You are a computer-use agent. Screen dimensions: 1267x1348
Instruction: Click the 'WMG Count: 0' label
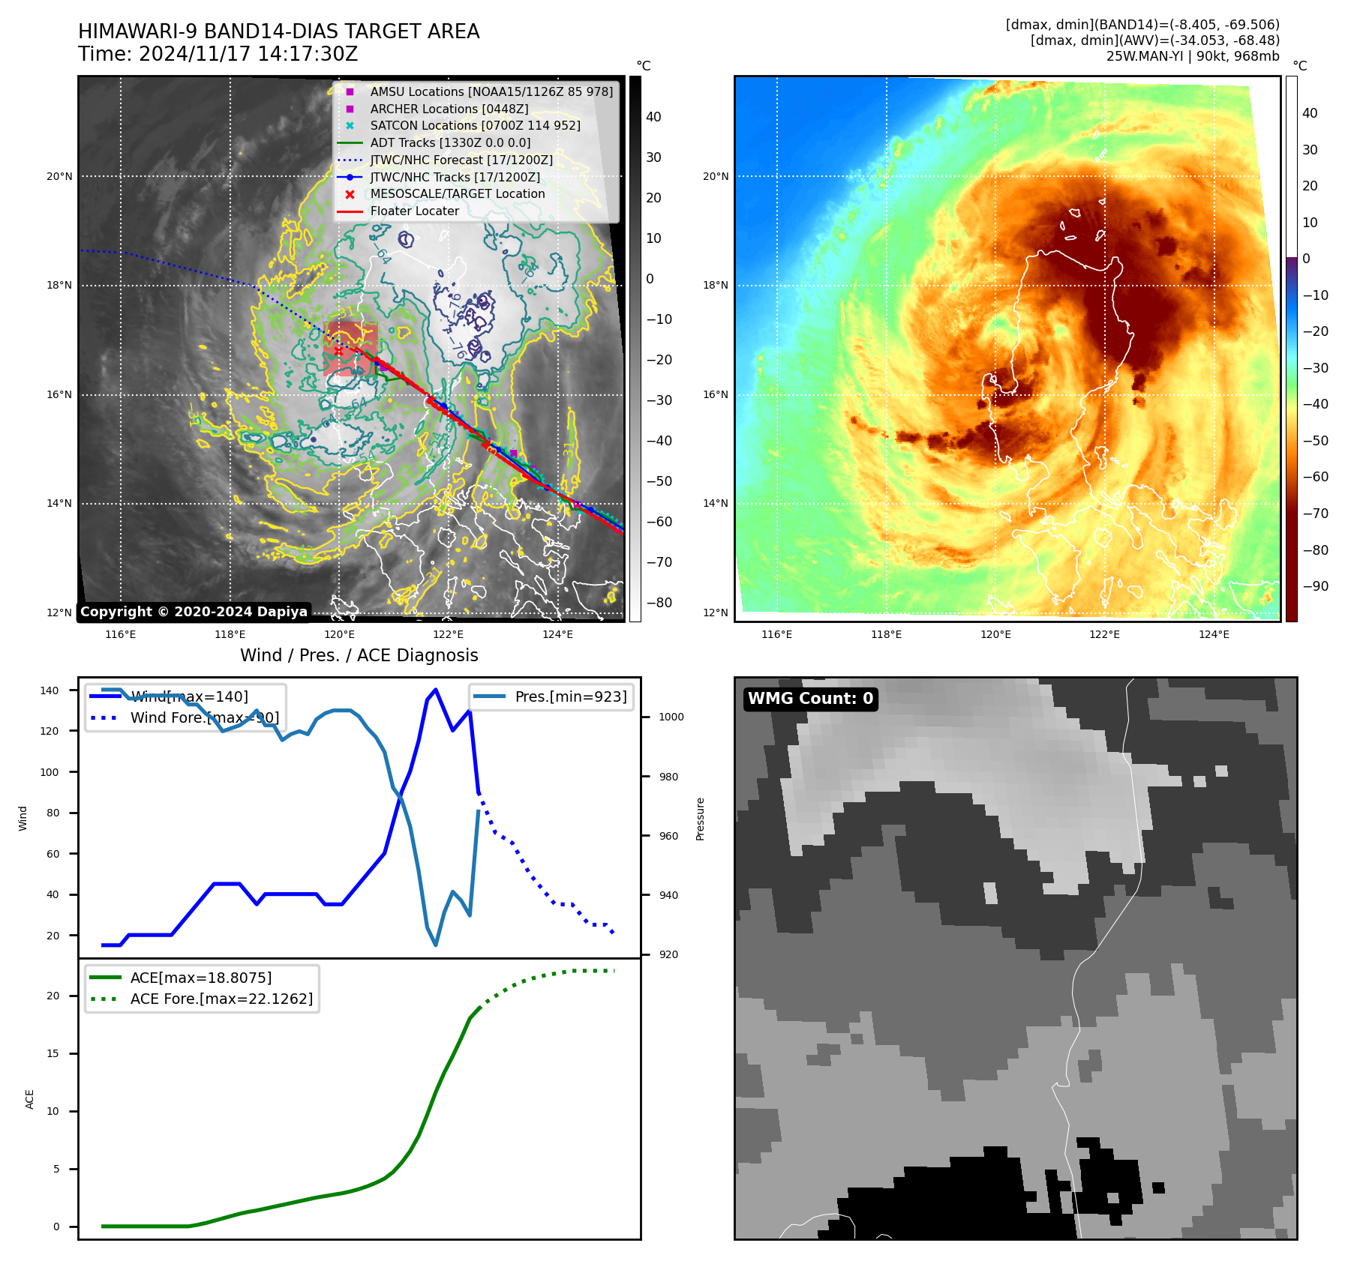point(810,699)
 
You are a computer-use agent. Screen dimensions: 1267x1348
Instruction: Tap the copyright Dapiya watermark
point(194,612)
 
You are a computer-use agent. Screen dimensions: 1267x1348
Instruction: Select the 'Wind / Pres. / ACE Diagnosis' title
point(359,655)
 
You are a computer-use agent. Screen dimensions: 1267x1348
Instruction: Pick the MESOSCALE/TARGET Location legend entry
point(457,193)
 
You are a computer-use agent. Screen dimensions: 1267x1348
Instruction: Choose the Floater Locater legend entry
point(414,211)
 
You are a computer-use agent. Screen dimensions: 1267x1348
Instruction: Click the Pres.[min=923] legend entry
point(570,696)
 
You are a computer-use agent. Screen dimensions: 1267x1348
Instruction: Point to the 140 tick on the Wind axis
point(50,690)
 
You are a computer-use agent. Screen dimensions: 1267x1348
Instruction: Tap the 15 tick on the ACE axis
point(53,1053)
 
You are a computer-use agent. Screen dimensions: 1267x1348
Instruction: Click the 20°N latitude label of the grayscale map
point(59,177)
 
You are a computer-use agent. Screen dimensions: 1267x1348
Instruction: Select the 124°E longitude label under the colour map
point(1214,634)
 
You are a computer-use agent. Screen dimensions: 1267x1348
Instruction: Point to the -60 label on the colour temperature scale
point(1315,477)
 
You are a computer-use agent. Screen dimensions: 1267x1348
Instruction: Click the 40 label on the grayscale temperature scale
point(653,117)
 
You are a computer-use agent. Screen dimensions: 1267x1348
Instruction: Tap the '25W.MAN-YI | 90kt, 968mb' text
point(1193,56)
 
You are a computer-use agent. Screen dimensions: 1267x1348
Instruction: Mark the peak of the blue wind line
point(436,690)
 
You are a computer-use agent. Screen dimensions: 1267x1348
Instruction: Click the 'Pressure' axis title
point(700,819)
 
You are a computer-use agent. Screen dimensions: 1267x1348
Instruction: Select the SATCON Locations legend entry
point(475,125)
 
